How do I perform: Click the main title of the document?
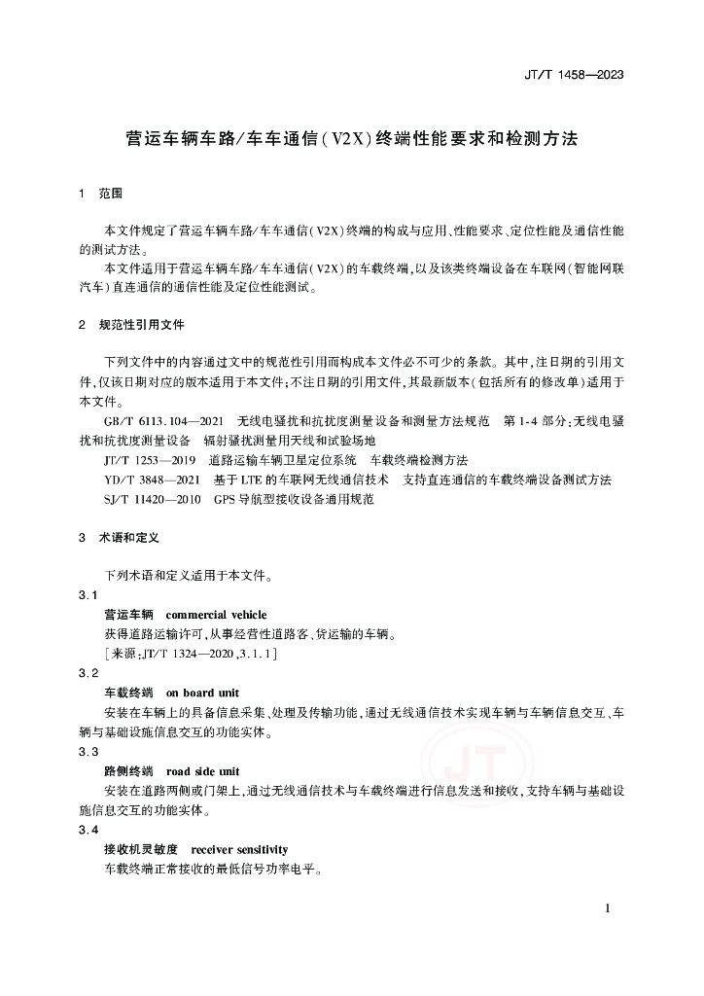click(x=352, y=138)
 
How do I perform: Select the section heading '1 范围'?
click(x=101, y=194)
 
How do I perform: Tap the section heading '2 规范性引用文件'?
click(x=131, y=323)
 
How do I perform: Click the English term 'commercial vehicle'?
click(x=217, y=615)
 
